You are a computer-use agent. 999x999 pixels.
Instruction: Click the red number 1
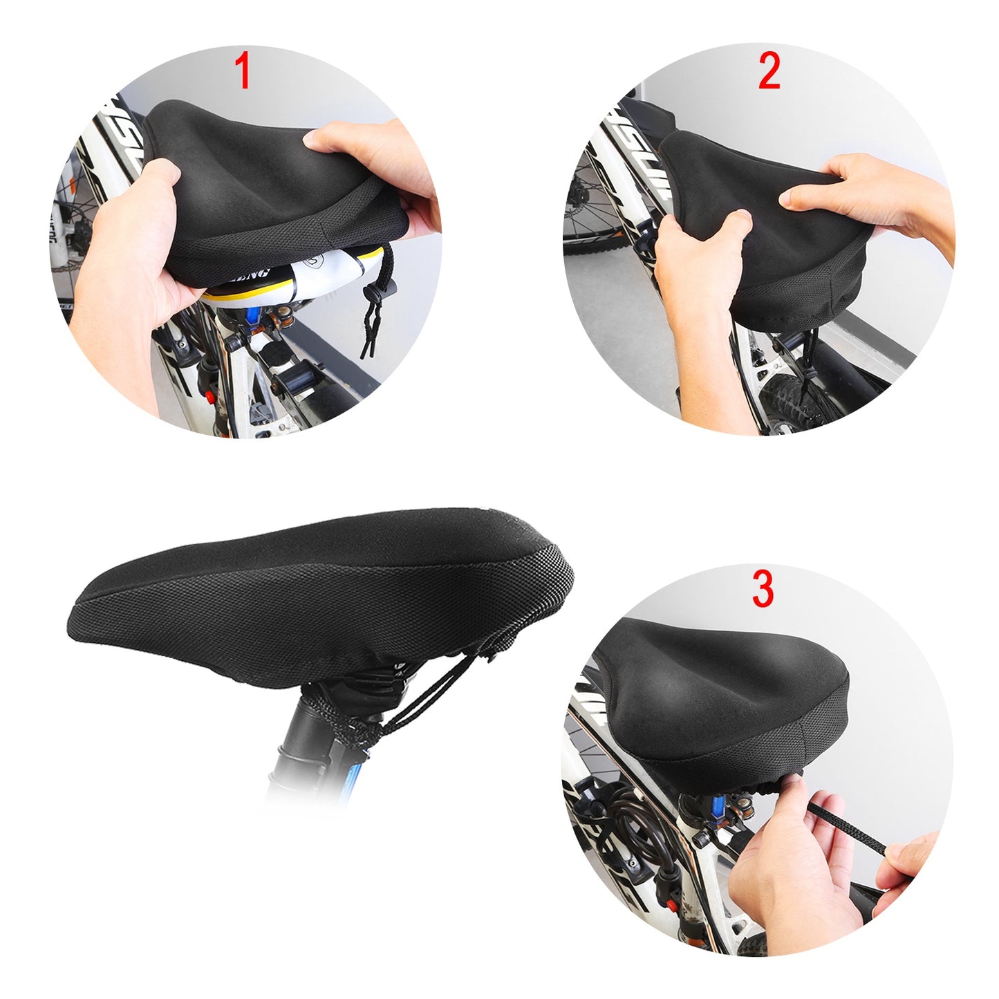[242, 71]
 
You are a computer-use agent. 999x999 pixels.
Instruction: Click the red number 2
[769, 71]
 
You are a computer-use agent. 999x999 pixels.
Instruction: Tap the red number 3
[763, 589]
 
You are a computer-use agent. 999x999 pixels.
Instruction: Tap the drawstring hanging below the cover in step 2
[808, 366]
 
